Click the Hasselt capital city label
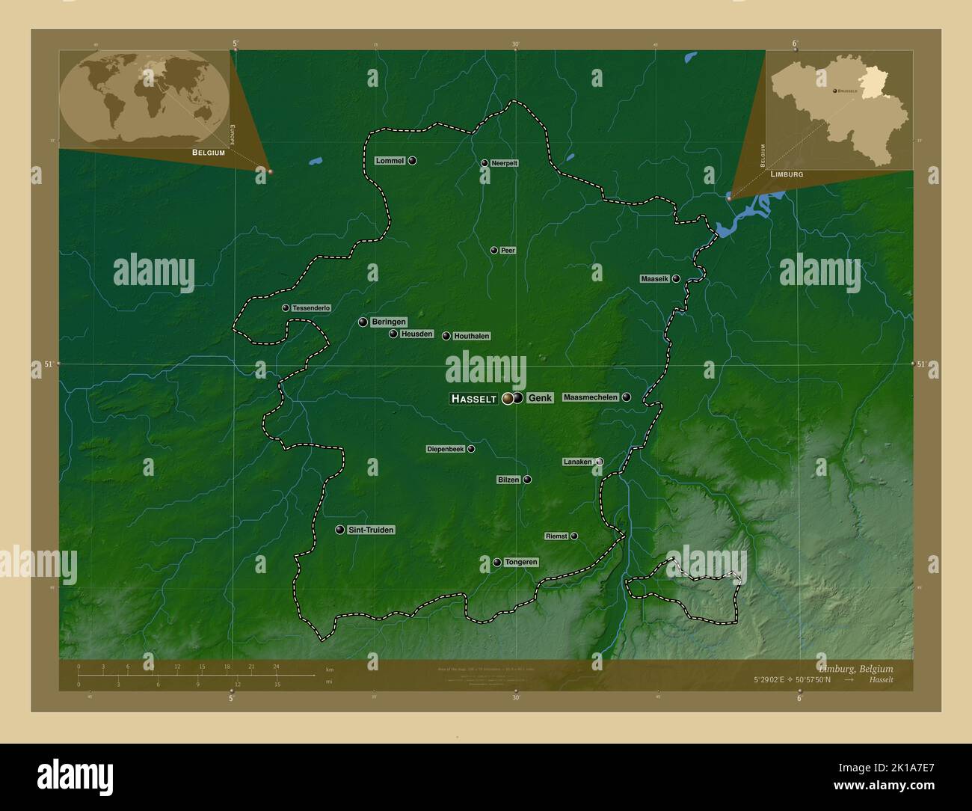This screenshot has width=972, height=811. [474, 399]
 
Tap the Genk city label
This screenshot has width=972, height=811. [540, 398]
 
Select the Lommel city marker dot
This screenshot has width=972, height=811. [412, 161]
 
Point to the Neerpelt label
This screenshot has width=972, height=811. [505, 163]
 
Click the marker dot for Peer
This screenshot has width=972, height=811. [493, 250]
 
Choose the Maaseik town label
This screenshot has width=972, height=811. [655, 279]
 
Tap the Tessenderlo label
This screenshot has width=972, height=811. [311, 308]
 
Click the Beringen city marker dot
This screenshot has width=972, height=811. [363, 322]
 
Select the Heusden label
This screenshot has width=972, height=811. [416, 334]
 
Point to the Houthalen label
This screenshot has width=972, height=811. [471, 337]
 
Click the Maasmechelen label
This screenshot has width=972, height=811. [591, 397]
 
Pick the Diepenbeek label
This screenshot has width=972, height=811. [446, 449]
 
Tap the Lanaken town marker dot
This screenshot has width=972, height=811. [600, 462]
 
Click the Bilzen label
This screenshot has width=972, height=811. [508, 480]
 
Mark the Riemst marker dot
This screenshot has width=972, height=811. [573, 536]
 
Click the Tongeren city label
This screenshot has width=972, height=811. [521, 562]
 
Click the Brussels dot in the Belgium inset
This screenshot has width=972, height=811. [834, 90]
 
